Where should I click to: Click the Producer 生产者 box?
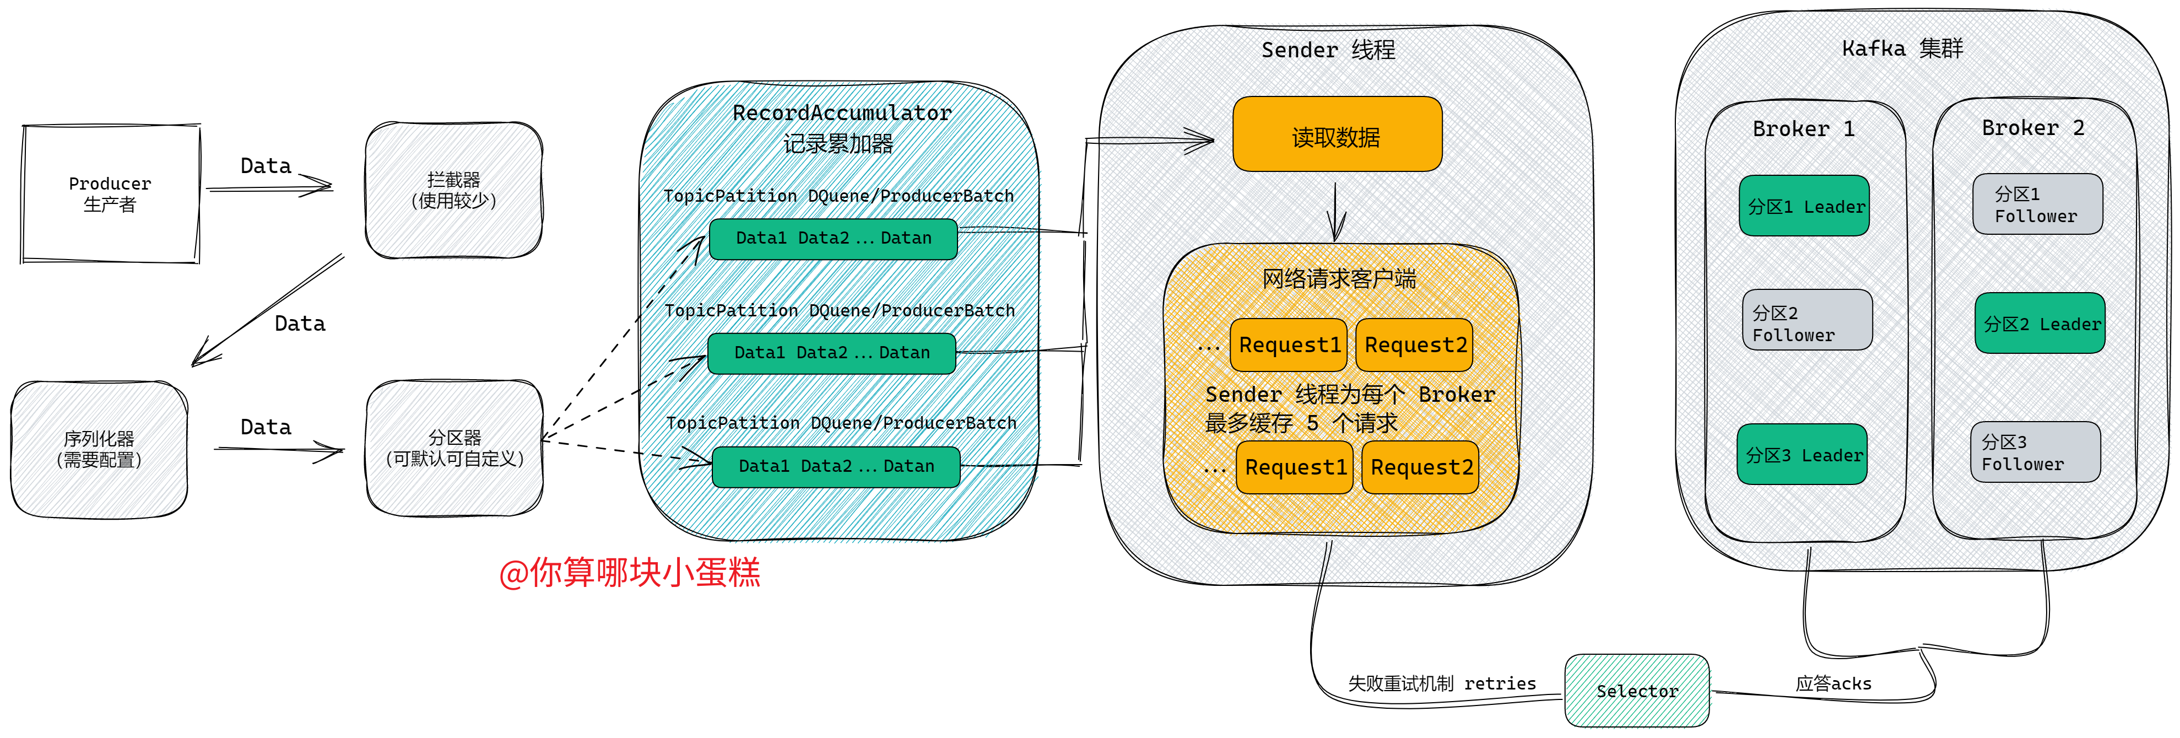click(x=110, y=194)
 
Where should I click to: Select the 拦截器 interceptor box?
click(x=453, y=190)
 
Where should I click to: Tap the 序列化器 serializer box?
click(x=99, y=449)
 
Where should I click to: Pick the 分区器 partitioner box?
click(x=455, y=448)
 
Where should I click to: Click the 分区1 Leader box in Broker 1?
click(x=1804, y=206)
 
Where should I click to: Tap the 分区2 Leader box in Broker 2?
click(x=2040, y=324)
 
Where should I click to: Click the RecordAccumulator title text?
click(x=842, y=112)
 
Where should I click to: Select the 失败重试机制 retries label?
click(x=1441, y=683)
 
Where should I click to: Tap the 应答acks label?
click(x=1833, y=683)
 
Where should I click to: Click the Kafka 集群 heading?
click(x=1902, y=49)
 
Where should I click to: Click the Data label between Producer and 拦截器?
click(x=266, y=166)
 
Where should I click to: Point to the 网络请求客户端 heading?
click(x=1339, y=278)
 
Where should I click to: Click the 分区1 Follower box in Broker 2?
click(x=2037, y=204)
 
